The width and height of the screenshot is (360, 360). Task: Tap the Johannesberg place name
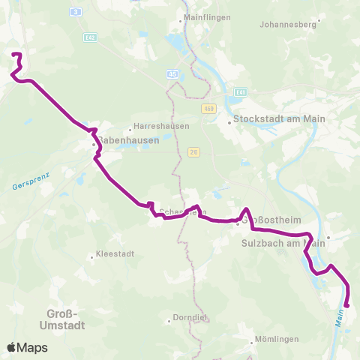click(289, 24)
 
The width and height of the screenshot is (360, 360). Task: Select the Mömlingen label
click(277, 340)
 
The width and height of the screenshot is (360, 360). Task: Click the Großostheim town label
click(266, 222)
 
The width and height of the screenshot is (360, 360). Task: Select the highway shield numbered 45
click(173, 74)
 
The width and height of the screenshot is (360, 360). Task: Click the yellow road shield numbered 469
click(208, 109)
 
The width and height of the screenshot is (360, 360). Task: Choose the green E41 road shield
click(240, 91)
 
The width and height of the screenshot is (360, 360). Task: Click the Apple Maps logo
click(27, 347)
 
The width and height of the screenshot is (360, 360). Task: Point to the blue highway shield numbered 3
click(74, 12)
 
